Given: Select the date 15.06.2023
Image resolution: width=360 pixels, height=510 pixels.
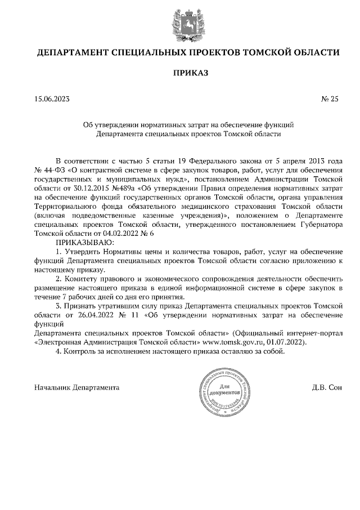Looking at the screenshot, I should coord(52,100).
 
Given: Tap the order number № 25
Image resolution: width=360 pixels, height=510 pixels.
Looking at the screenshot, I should coord(330,100).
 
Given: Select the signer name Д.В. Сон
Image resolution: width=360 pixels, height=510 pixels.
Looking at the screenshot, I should coord(326,388).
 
